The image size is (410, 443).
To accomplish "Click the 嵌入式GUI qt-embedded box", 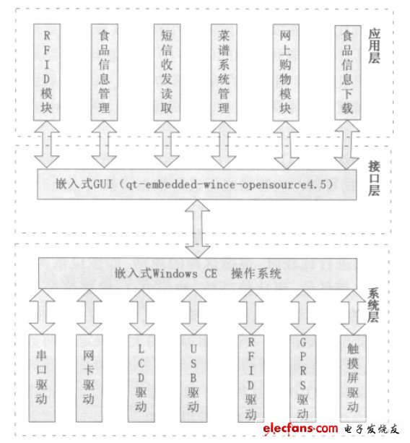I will [x=196, y=185].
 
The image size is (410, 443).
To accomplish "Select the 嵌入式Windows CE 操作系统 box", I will [x=196, y=274].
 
